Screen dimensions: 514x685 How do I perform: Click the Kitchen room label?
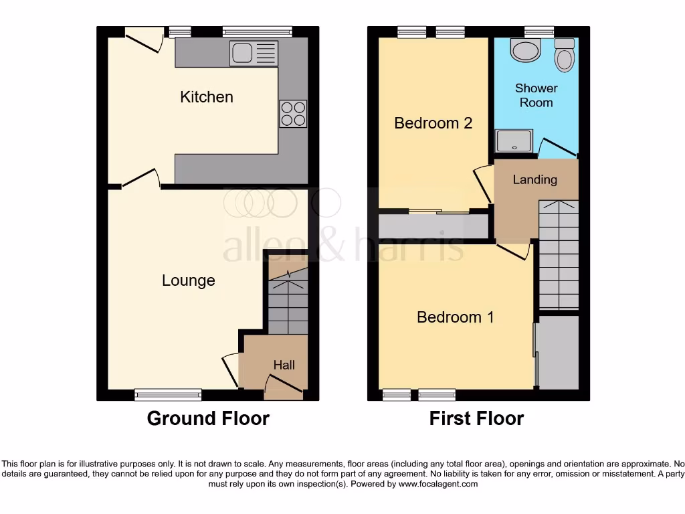pos(207,97)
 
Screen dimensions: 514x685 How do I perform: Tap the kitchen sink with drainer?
pos(254,54)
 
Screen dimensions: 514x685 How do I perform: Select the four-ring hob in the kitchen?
pos(292,113)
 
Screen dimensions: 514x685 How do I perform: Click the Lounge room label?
pos(189,280)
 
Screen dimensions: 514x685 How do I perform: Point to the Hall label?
pos(284,365)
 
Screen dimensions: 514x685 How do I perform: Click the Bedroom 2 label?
pos(433,123)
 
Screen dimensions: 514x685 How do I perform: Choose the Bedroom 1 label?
pos(455,317)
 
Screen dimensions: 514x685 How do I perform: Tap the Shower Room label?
pos(536,95)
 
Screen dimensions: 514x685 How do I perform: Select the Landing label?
pos(534,179)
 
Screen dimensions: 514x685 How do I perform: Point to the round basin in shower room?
pos(524,50)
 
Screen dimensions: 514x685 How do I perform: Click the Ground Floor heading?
pos(208,419)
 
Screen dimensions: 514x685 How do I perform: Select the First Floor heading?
pos(476,419)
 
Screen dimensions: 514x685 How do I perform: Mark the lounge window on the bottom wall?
pos(168,394)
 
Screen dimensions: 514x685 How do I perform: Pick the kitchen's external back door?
pos(144,38)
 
